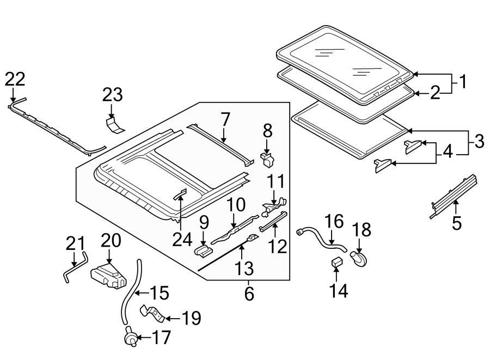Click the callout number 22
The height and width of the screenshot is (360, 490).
click(x=15, y=80)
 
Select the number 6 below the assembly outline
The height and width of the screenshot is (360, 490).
click(x=249, y=294)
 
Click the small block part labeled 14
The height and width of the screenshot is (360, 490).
click(x=336, y=263)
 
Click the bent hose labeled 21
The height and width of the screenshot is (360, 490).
click(x=74, y=264)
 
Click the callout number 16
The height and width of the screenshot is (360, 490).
click(x=334, y=222)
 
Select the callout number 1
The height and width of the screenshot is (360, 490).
click(x=462, y=83)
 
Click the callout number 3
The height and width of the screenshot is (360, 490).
click(x=478, y=143)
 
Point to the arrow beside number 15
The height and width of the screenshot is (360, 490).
click(x=141, y=293)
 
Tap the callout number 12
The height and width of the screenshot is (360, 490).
click(x=278, y=247)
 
